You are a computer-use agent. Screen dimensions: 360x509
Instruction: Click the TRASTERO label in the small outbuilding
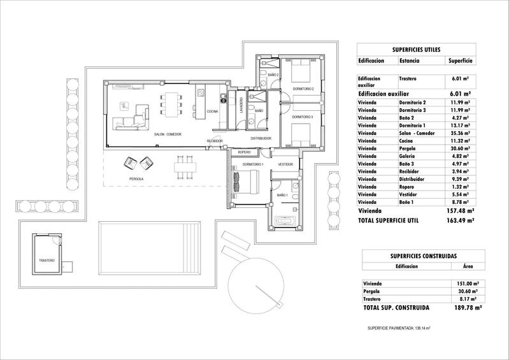47,261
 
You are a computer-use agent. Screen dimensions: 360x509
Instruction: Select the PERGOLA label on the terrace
136,180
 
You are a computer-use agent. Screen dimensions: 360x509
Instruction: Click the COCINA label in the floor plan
213,112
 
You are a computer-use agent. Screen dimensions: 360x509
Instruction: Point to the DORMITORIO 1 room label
253,165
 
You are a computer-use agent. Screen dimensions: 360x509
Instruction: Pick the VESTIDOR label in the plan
285,165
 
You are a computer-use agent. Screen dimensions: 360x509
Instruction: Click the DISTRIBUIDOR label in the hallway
261,138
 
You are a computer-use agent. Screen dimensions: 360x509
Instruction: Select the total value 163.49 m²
460,220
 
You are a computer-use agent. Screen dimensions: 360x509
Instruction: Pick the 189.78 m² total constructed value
460,307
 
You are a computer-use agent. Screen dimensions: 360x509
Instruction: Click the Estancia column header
410,61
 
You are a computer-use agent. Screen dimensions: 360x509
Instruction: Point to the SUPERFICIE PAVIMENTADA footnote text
399,328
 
